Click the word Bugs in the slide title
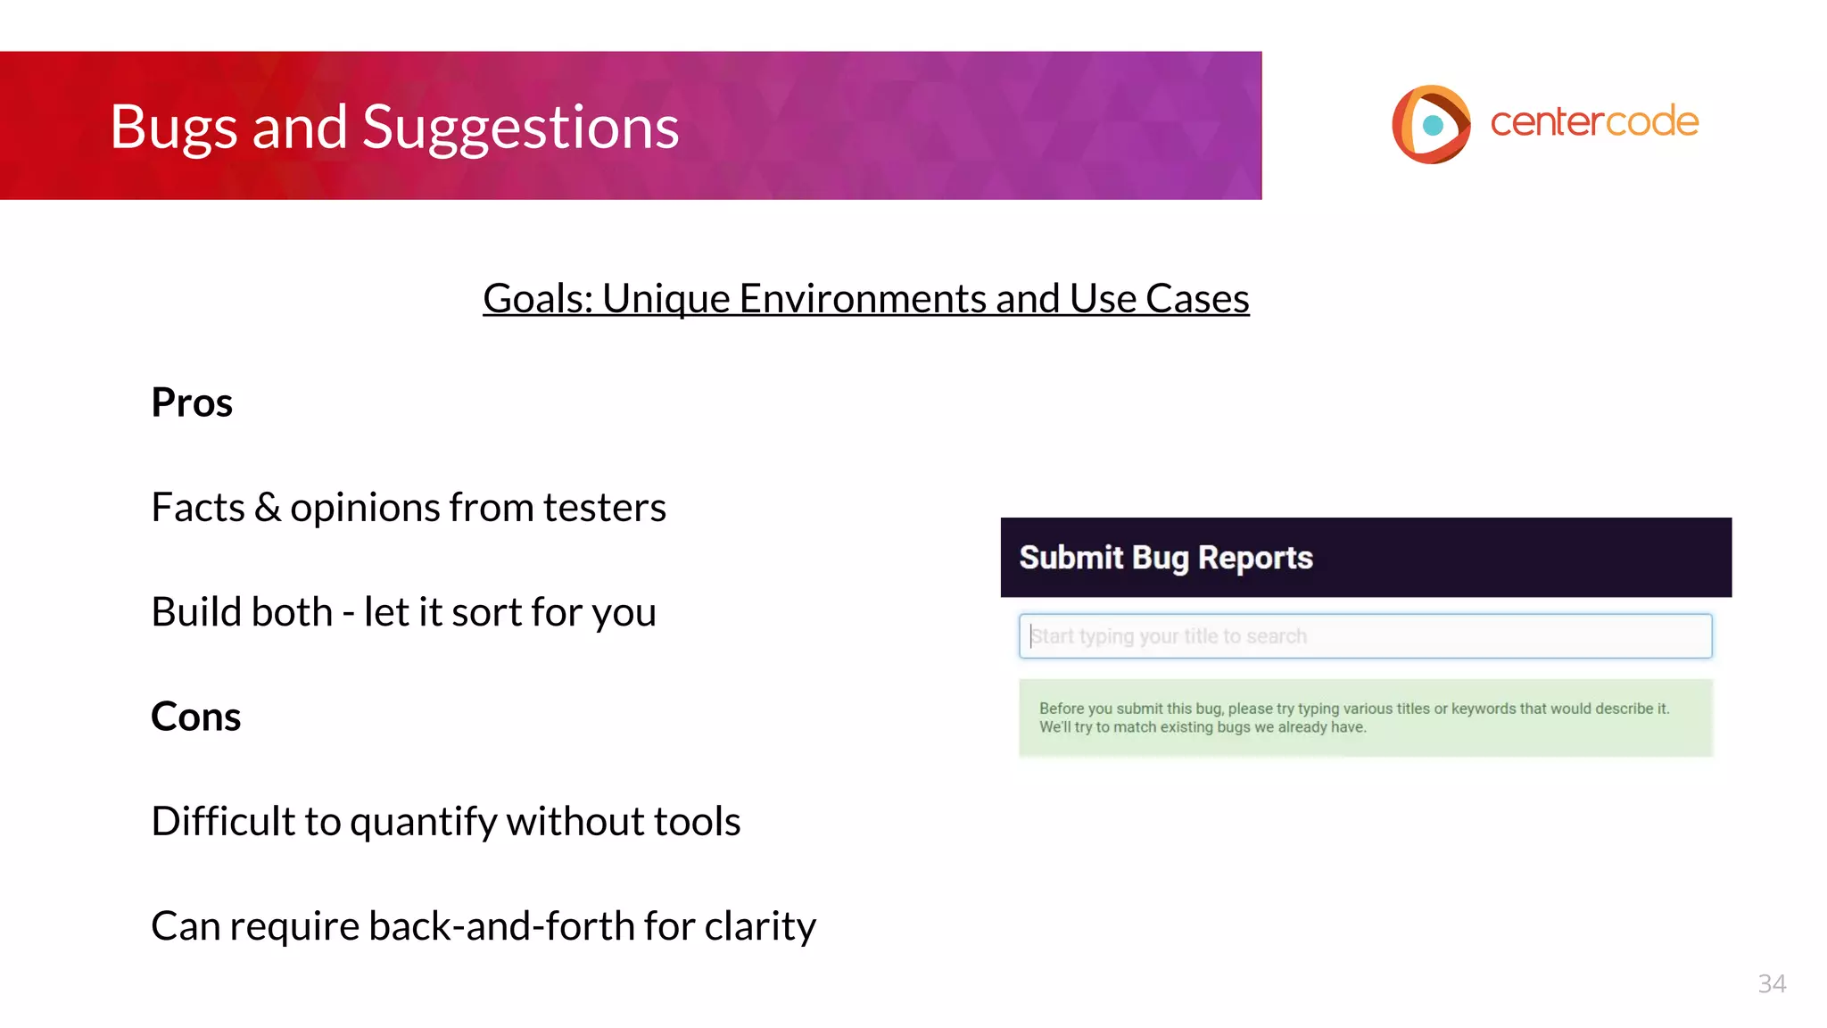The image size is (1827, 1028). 174,127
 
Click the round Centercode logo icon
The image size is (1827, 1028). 1431,124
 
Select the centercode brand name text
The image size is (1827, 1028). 1594,121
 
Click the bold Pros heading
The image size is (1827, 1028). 192,402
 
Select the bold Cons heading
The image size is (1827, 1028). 195,717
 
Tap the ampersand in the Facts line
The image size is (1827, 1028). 267,508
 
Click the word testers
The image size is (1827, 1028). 604,508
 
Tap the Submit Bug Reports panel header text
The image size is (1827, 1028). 1166,558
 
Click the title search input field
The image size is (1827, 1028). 1365,636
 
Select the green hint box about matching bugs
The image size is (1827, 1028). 1365,717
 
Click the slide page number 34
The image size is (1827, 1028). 1772,983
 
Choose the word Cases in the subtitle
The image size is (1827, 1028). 1197,298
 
